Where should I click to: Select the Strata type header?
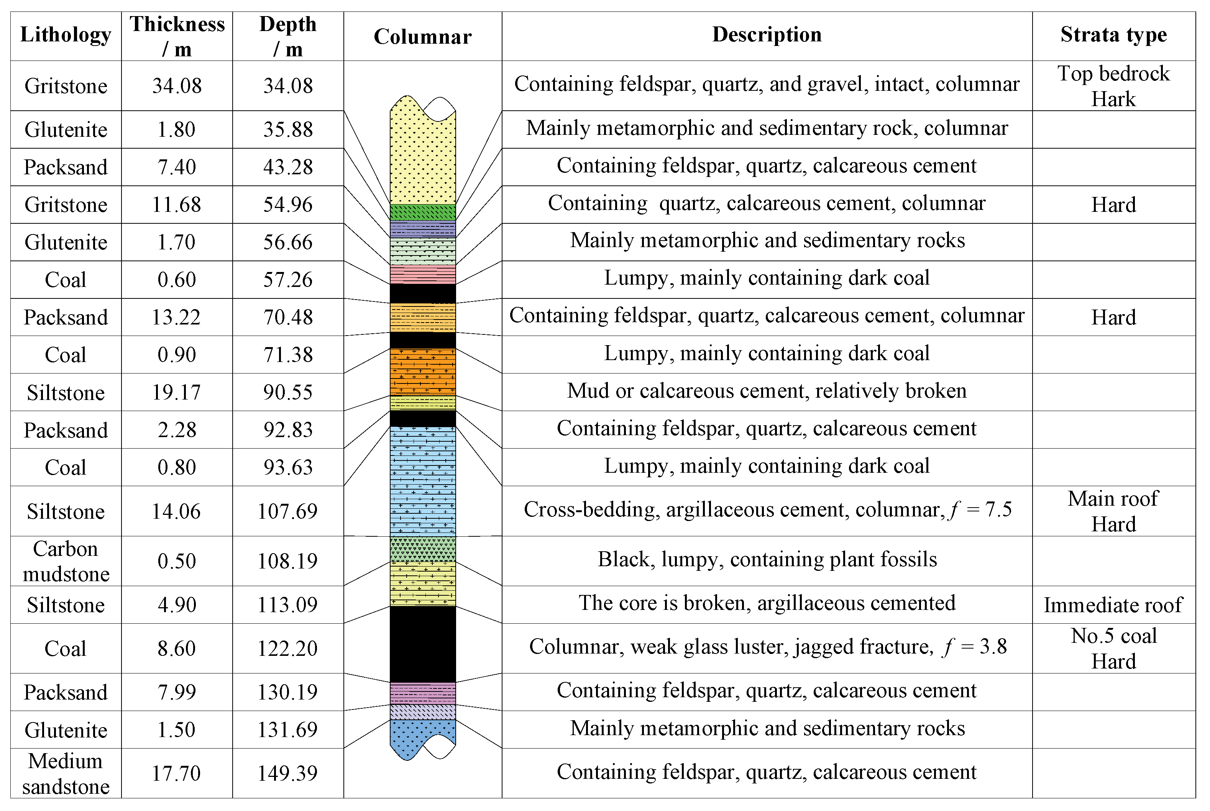(x=1113, y=34)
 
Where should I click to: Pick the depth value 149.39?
(x=287, y=773)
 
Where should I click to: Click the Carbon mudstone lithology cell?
(x=66, y=561)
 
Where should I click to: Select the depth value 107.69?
(x=287, y=511)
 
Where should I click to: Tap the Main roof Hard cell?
(x=1113, y=511)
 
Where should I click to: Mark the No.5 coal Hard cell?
(x=1113, y=649)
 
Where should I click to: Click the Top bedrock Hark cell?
(x=1113, y=86)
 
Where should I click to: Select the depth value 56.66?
(x=287, y=242)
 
